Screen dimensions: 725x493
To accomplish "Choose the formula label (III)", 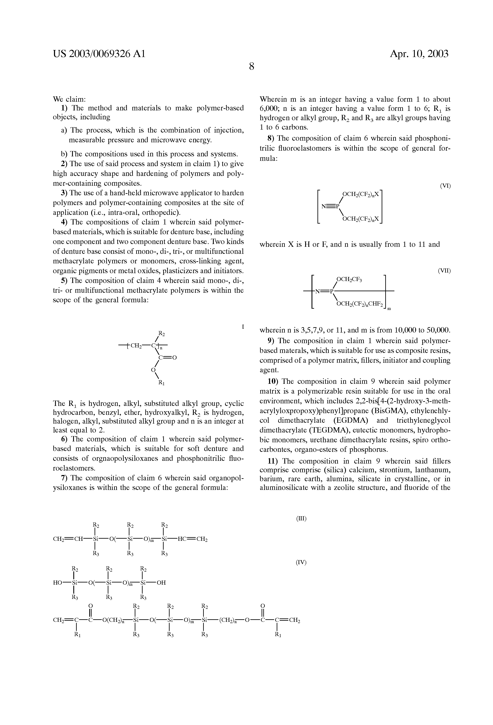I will pos(301,518).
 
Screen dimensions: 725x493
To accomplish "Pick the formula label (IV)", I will pos(301,562).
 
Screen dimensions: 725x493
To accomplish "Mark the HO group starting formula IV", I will pos(58,582).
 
